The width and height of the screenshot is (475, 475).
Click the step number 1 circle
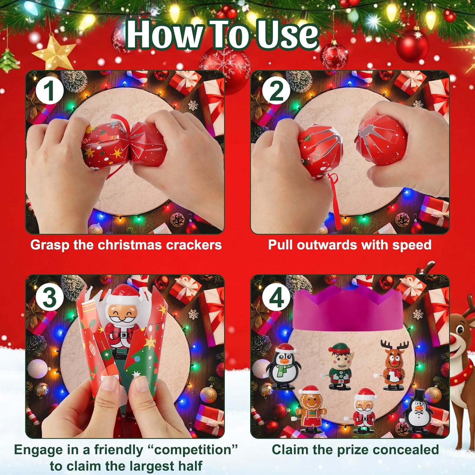click(49, 92)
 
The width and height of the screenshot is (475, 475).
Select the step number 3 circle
click(49, 298)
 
